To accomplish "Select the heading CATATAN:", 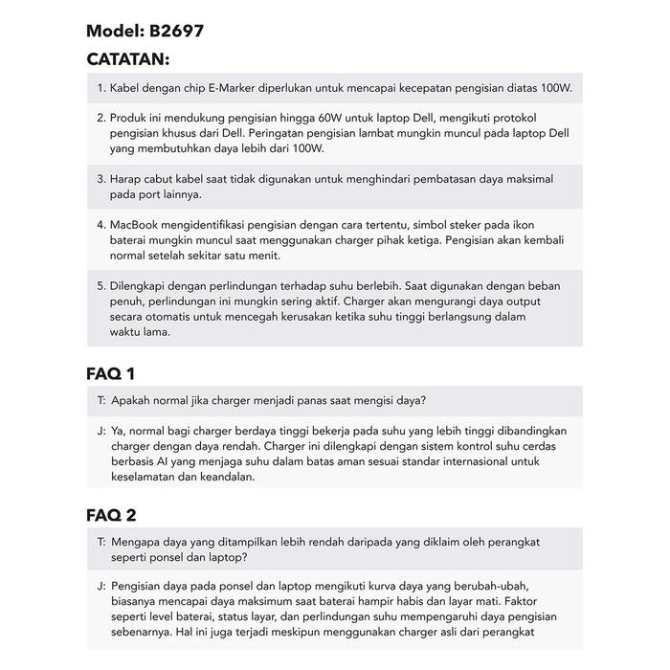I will pos(127,59).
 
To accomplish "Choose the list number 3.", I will pos(100,179).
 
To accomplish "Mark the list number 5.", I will pos(100,285).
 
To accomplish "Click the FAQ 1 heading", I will pos(111,373).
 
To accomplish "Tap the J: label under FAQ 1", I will pos(101,431).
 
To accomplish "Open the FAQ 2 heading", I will pos(111,516).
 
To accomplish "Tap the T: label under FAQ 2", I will pos(101,542).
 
